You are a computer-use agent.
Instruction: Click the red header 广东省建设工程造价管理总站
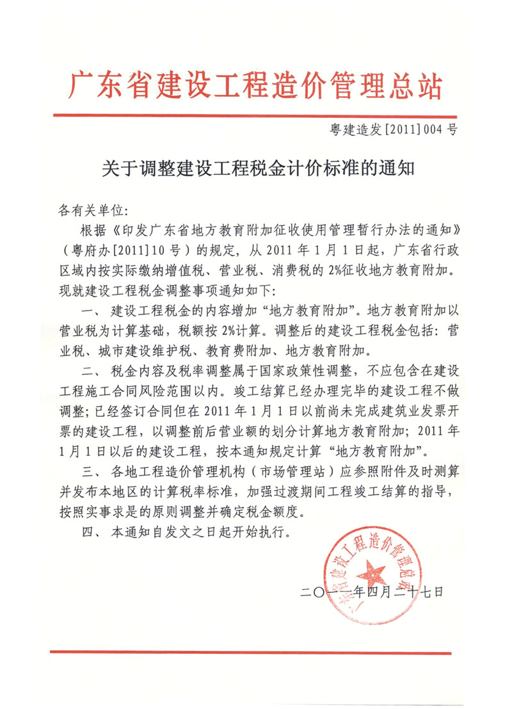[255, 84]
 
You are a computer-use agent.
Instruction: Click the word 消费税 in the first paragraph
[289, 266]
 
